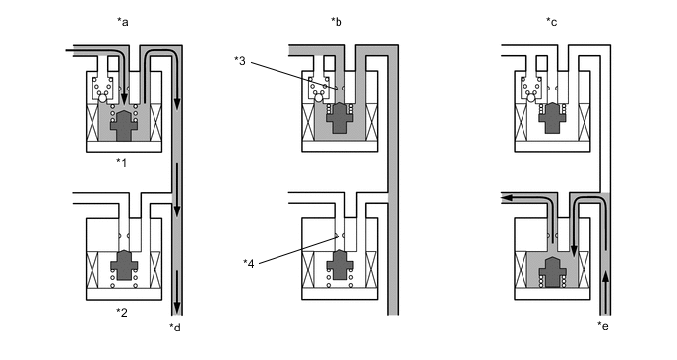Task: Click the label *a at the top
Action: click(x=123, y=22)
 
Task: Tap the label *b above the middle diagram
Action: click(x=337, y=22)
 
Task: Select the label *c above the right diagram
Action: click(x=551, y=22)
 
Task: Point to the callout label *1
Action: click(x=121, y=163)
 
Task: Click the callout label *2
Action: click(x=122, y=312)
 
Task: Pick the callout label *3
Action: click(x=240, y=61)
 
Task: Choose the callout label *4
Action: click(x=248, y=263)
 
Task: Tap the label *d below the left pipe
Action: click(x=175, y=328)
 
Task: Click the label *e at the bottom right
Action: click(x=603, y=326)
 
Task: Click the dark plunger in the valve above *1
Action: click(x=124, y=125)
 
